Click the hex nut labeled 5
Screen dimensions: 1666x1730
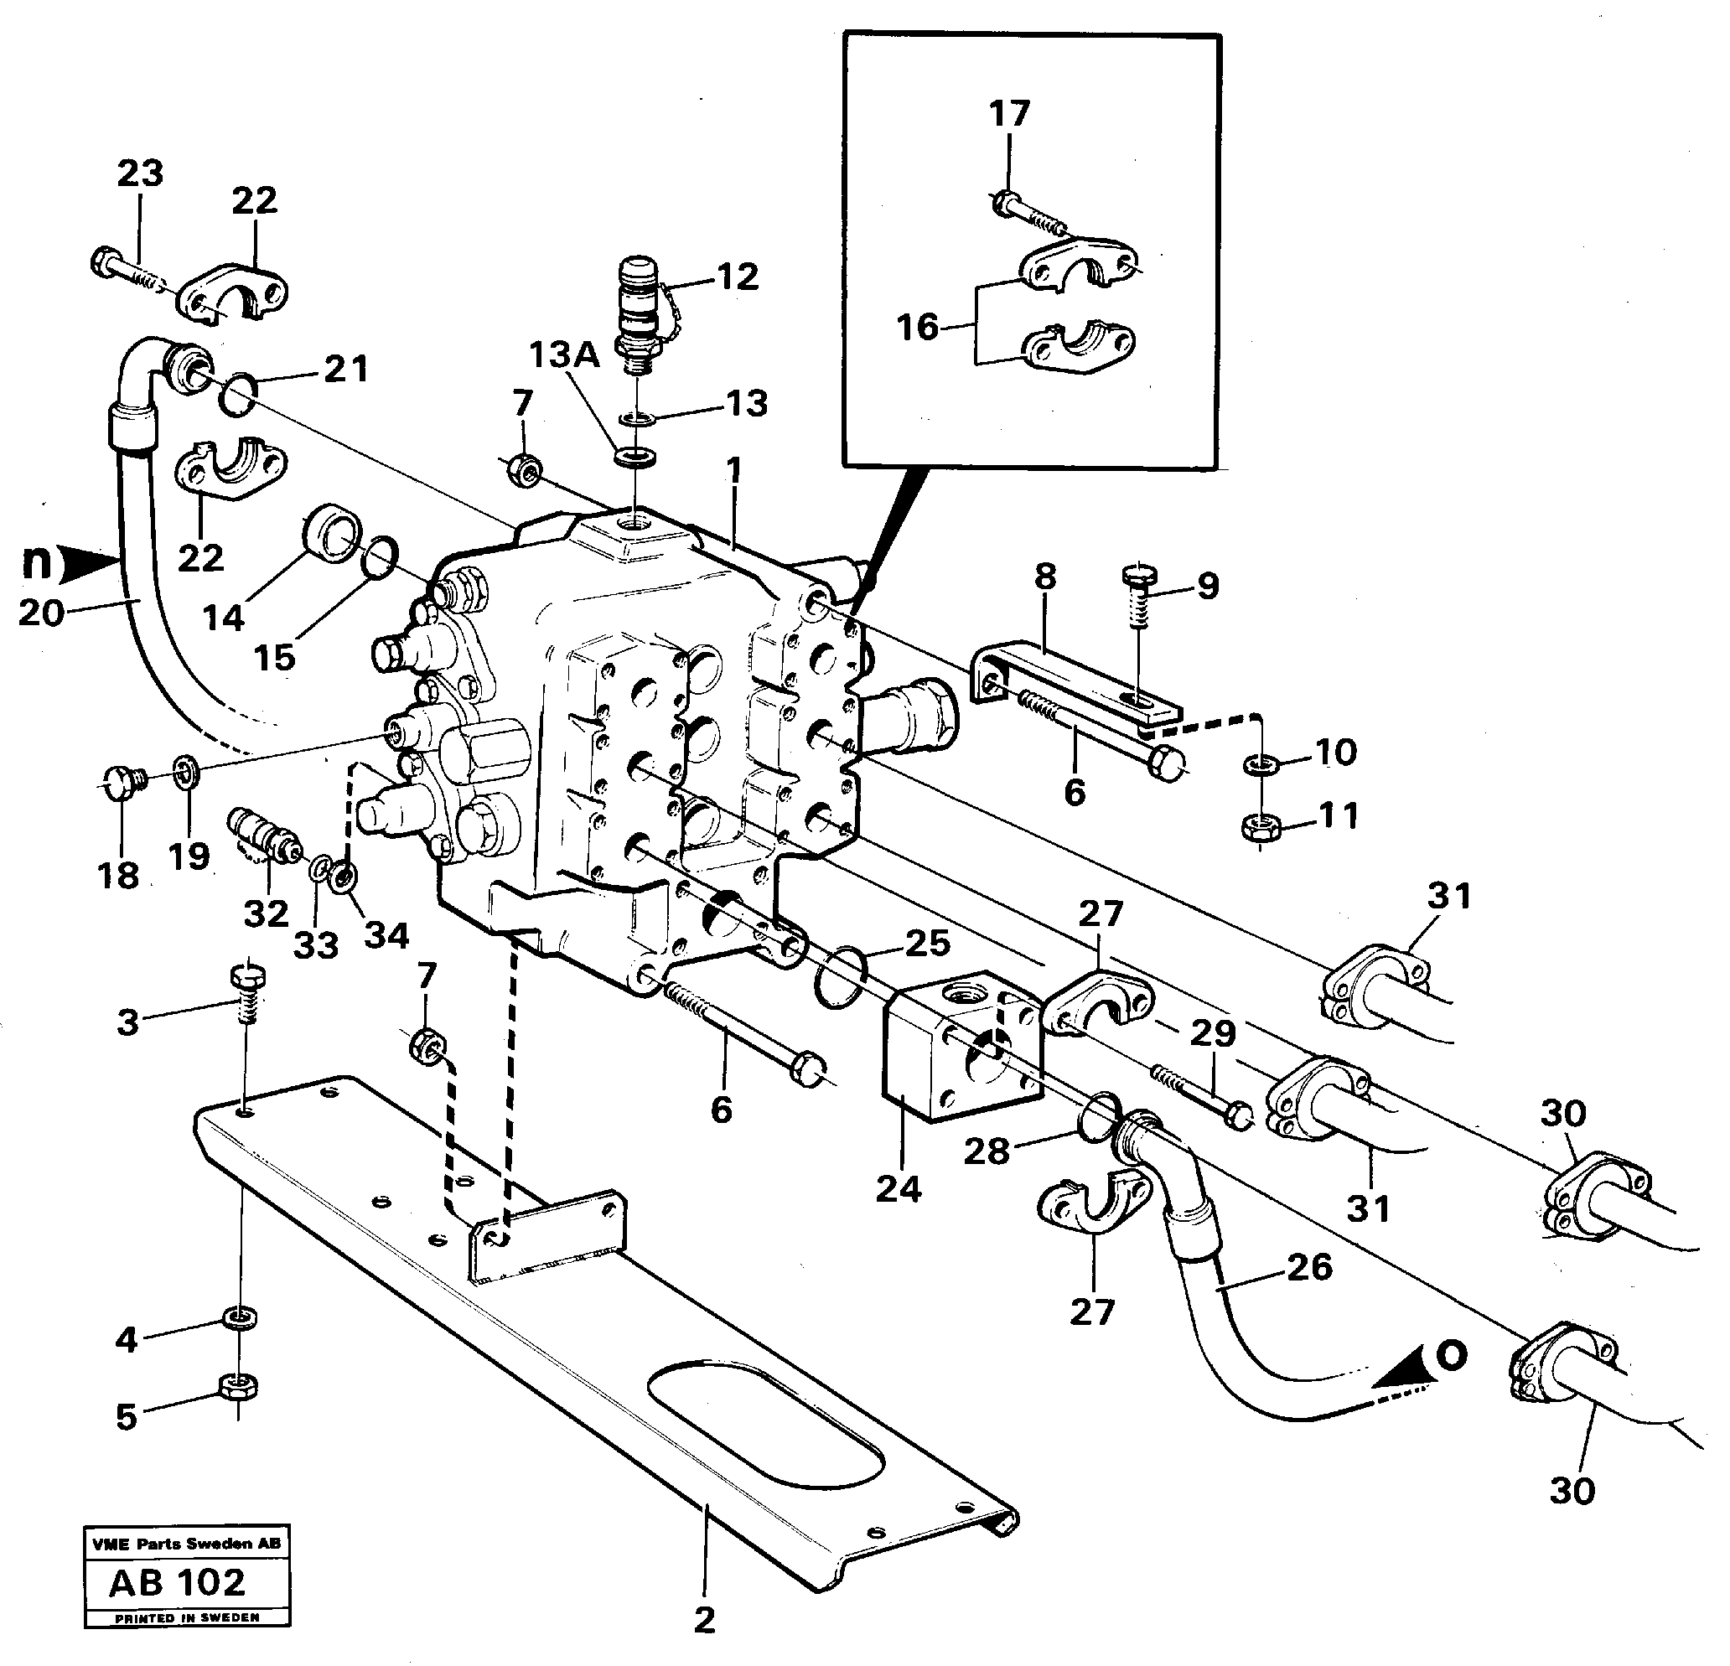pos(238,1387)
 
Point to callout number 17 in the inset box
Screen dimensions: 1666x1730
pos(1010,114)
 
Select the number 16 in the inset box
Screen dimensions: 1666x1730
pos(917,328)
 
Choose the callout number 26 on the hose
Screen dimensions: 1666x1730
pos(1310,1268)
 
